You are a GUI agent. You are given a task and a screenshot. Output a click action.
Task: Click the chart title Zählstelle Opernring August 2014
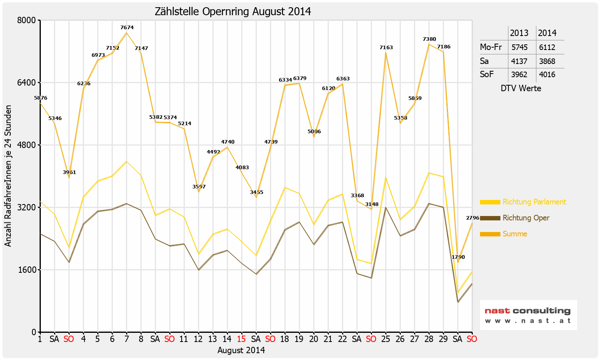coord(233,12)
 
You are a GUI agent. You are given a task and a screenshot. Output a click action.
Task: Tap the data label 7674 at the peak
coord(127,28)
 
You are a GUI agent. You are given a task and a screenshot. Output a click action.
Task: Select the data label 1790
coord(458,257)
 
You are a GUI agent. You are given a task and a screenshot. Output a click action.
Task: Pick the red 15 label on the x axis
coord(241,339)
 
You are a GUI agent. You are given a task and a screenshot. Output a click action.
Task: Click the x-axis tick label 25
coord(386,339)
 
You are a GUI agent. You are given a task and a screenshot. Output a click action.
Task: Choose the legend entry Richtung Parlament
coord(534,202)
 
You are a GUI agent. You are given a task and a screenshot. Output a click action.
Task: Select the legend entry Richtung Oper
coord(526,218)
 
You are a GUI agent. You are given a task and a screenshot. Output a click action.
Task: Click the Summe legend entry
coord(515,234)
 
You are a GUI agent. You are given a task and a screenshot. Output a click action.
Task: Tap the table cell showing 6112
coord(547,47)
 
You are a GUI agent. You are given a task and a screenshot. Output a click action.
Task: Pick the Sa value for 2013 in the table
coord(519,61)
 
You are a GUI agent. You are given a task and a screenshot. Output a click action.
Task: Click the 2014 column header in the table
coord(547,33)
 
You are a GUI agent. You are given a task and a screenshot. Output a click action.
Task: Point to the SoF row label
coord(487,74)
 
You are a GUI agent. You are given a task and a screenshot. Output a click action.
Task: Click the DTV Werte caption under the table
coord(521,88)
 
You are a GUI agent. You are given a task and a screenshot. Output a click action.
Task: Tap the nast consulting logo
coord(528,315)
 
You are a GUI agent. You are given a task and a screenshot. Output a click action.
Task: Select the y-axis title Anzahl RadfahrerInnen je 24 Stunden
coord(8,176)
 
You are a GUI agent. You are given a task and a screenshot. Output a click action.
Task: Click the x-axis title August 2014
coord(241,350)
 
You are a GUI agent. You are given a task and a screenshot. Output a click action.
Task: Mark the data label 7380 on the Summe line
coord(429,39)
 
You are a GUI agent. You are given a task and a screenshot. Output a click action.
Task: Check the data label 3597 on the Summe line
coord(199,186)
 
